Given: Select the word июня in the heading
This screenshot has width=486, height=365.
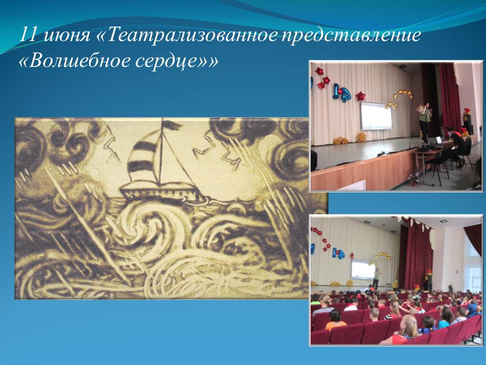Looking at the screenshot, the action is (x=66, y=35).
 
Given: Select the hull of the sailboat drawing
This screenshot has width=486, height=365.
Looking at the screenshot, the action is (x=161, y=192).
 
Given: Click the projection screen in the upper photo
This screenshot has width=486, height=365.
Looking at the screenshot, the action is (x=376, y=116).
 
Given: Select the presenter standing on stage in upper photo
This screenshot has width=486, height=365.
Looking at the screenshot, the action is (x=424, y=122).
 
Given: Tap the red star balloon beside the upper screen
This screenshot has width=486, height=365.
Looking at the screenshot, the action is (x=360, y=96).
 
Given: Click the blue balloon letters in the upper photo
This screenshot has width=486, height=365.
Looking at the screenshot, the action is (x=340, y=92).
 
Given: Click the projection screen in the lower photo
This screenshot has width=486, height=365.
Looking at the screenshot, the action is (x=362, y=269).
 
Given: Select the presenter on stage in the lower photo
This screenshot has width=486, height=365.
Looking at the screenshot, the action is (x=377, y=278).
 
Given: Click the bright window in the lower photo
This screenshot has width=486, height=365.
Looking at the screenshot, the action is (x=473, y=267).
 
